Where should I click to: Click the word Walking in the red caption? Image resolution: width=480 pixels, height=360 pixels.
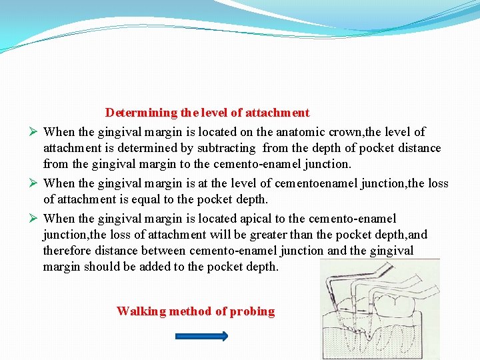point(141,311)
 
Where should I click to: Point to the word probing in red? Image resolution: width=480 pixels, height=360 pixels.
point(252,311)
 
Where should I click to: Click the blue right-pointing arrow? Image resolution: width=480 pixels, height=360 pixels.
point(201,337)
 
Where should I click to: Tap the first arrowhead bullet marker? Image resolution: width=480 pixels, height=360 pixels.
point(31,132)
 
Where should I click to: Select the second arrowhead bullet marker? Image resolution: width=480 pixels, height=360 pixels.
point(31,183)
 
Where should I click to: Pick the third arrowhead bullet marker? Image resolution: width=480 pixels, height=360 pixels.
point(31,219)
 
